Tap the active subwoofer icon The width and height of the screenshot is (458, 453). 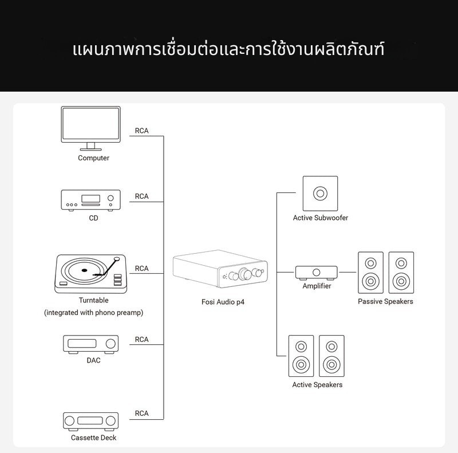coord(320,193)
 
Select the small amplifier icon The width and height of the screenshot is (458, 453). coord(317,271)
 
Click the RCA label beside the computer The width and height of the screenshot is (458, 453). coord(142,131)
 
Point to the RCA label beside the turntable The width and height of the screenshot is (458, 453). coord(142,268)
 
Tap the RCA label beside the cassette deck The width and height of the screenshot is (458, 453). coord(142,413)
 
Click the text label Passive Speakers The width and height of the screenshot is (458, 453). coord(385,301)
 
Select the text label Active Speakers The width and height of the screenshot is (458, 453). coord(317,384)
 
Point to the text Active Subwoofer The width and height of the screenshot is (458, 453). coord(321,218)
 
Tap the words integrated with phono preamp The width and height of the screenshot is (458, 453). coord(94,313)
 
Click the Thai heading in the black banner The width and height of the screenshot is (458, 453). coord(229,49)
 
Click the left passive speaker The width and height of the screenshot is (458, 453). coord(370,273)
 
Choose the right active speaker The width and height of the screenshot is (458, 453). coord(332,356)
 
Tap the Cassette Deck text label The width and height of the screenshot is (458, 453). coord(94,438)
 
